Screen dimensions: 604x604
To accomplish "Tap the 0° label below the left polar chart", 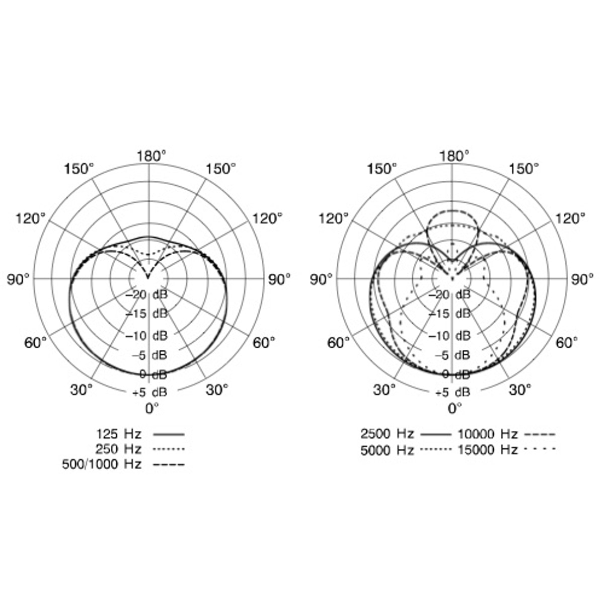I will pos(152,408).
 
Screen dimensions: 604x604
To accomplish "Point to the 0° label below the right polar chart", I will pos(455,408).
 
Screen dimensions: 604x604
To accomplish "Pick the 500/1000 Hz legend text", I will pos(102,464).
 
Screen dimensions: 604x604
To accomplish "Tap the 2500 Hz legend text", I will pos(387,434).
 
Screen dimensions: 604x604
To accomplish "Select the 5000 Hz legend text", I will pos(387,449).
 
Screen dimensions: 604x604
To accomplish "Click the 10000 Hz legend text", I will pos(488,434).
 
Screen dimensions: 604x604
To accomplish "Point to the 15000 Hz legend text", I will pos(488,449).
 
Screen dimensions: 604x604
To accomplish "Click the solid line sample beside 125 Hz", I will pos(168,434).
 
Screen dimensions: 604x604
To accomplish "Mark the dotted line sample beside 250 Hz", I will pos(168,449).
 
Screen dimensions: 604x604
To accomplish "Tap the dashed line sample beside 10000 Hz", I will pos(540,434).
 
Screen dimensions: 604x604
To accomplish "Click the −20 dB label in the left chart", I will pos(146,294).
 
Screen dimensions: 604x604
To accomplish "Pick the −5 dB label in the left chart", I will pos(149,355).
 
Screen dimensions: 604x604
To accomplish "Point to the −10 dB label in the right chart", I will pos(449,336).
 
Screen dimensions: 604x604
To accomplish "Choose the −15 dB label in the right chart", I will pos(449,314).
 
